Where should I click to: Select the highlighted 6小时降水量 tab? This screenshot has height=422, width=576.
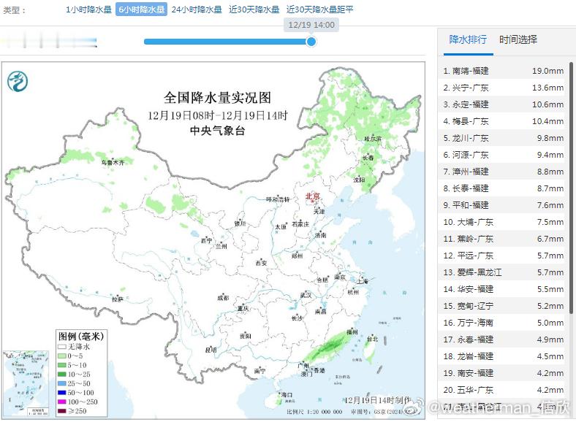click(x=141, y=10)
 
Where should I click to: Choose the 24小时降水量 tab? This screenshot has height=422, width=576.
click(x=196, y=10)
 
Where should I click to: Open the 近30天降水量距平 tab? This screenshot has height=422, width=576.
click(x=319, y=10)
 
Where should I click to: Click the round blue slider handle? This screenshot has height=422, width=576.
click(x=311, y=42)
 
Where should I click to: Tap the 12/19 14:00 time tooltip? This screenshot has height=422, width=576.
click(x=311, y=25)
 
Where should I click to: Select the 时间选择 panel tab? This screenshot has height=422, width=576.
click(x=518, y=39)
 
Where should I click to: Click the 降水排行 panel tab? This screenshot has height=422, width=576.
click(x=468, y=39)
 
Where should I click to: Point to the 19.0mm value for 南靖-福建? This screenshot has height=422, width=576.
click(x=547, y=71)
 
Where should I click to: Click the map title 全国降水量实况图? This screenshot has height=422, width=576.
click(x=217, y=97)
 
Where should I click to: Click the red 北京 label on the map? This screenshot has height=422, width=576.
click(x=312, y=196)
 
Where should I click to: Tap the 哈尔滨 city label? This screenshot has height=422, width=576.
click(x=373, y=138)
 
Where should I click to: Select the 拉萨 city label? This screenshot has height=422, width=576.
click(x=117, y=299)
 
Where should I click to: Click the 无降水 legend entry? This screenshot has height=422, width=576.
click(x=81, y=347)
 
